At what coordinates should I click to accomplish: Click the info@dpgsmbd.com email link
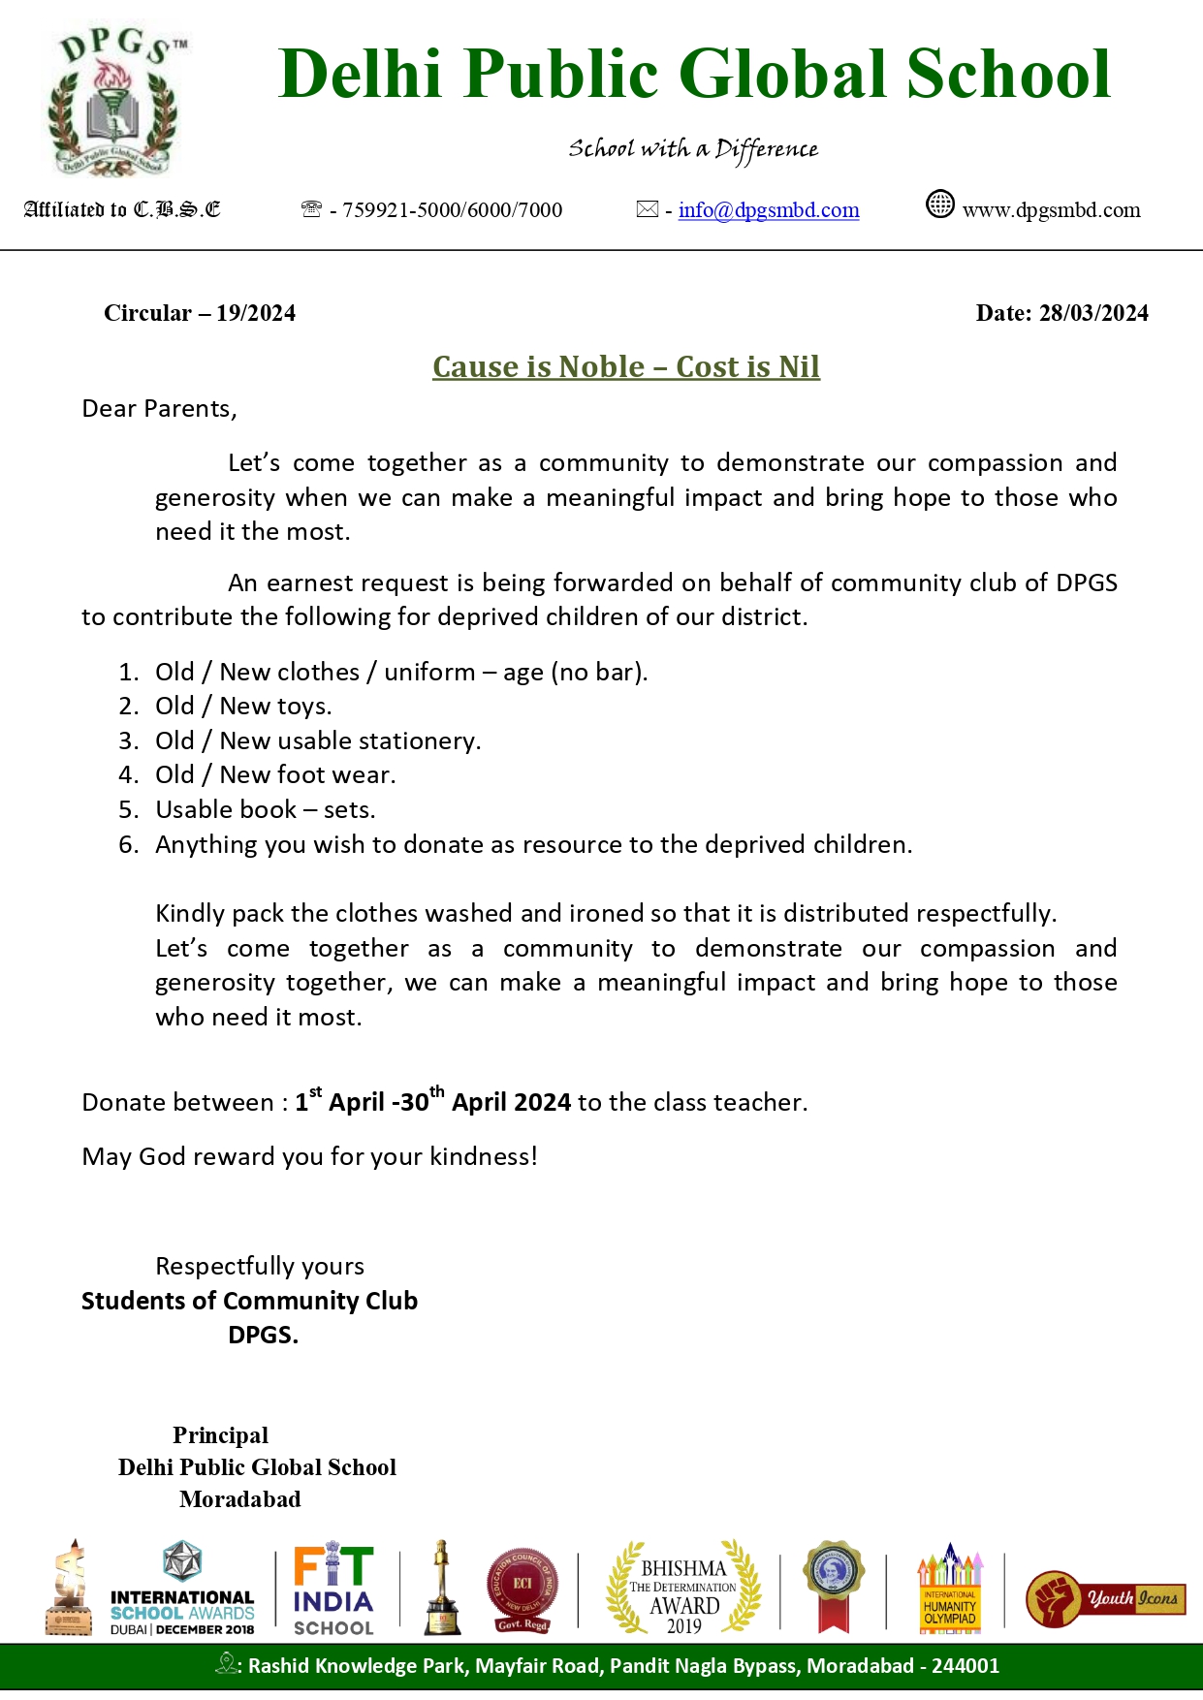pos(768,210)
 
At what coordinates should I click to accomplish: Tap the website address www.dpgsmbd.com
pos(1051,210)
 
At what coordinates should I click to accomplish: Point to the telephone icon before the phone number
pos(311,209)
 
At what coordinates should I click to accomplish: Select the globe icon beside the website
pos(939,205)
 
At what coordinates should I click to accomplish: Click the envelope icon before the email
pos(647,209)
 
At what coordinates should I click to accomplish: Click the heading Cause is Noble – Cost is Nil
pos(626,366)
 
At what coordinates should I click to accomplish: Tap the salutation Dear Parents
pos(159,409)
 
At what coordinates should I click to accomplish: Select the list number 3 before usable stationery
pos(128,741)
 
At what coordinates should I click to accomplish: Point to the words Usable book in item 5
pos(226,810)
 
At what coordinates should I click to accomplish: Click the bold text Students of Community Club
pos(249,1301)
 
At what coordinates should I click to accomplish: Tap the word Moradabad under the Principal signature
pos(240,1499)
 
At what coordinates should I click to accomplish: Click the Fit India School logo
pos(333,1590)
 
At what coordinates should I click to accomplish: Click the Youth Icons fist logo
pos(1105,1597)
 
